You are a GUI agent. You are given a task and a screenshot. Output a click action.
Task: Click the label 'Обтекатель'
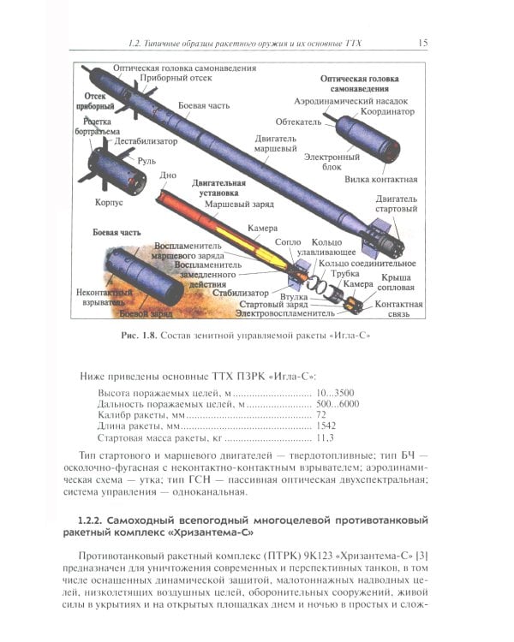click(x=298, y=122)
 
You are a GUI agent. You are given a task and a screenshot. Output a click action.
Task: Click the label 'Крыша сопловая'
click(x=397, y=283)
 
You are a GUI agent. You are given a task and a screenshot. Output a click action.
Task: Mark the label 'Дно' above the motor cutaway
click(x=168, y=175)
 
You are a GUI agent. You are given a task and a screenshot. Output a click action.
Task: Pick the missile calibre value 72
click(x=322, y=413)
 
